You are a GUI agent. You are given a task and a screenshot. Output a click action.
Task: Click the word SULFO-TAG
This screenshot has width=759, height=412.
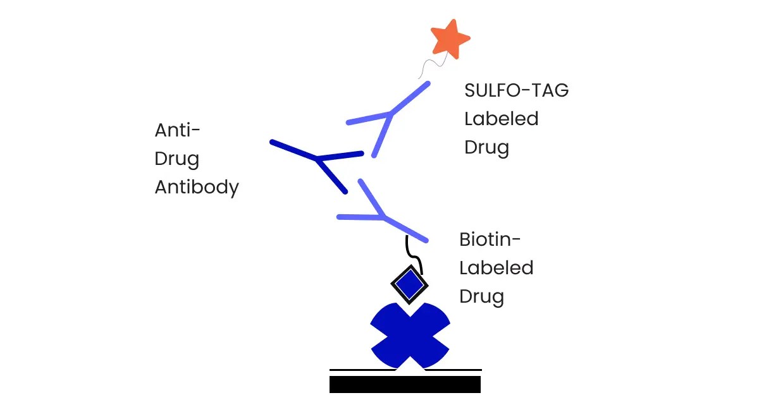pos(516,90)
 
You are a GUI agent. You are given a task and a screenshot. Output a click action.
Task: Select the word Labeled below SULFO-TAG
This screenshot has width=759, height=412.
pos(501,119)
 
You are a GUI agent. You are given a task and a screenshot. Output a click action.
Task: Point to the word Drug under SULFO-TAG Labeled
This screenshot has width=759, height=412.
pos(486,147)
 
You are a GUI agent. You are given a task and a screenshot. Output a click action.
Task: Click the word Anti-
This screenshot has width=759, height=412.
pos(177,131)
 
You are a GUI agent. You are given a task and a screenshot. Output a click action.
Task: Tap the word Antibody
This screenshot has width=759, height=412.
pos(197,187)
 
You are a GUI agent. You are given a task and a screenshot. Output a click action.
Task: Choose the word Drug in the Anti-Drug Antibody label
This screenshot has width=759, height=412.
pos(176,159)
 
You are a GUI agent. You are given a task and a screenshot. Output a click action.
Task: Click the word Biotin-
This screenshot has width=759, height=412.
pos(490,239)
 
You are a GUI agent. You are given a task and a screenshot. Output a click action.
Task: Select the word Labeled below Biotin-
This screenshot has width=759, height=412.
pos(496,268)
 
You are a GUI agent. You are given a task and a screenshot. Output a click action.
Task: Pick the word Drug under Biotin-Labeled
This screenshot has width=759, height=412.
pos(481,296)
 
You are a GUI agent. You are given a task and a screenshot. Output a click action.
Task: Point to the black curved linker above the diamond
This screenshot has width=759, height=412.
pos(413,254)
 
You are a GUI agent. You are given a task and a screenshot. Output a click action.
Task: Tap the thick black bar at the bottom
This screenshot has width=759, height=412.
pos(405,384)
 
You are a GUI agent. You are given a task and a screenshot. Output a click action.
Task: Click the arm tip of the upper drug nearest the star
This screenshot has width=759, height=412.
pos(427,83)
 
